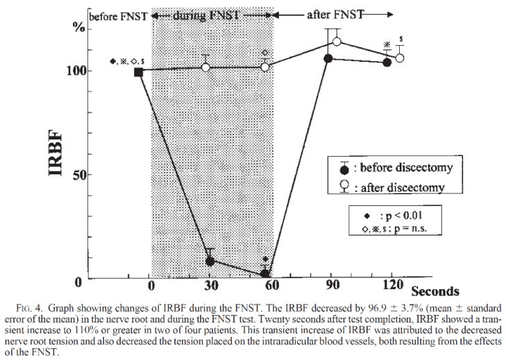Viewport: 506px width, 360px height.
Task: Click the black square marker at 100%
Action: point(139,71)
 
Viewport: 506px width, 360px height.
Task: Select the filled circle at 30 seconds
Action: point(210,261)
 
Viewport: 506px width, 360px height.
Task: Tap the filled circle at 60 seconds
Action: point(264,273)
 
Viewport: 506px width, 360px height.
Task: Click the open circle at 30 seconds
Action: point(205,67)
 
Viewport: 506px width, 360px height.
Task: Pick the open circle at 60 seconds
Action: point(265,67)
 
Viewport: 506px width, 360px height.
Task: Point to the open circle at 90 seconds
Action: point(337,42)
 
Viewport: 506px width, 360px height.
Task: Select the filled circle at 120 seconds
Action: point(387,62)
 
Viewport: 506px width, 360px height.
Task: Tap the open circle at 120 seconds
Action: point(399,58)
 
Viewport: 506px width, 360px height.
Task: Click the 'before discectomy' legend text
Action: point(406,167)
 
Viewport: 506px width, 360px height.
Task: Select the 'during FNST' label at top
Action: point(212,15)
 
